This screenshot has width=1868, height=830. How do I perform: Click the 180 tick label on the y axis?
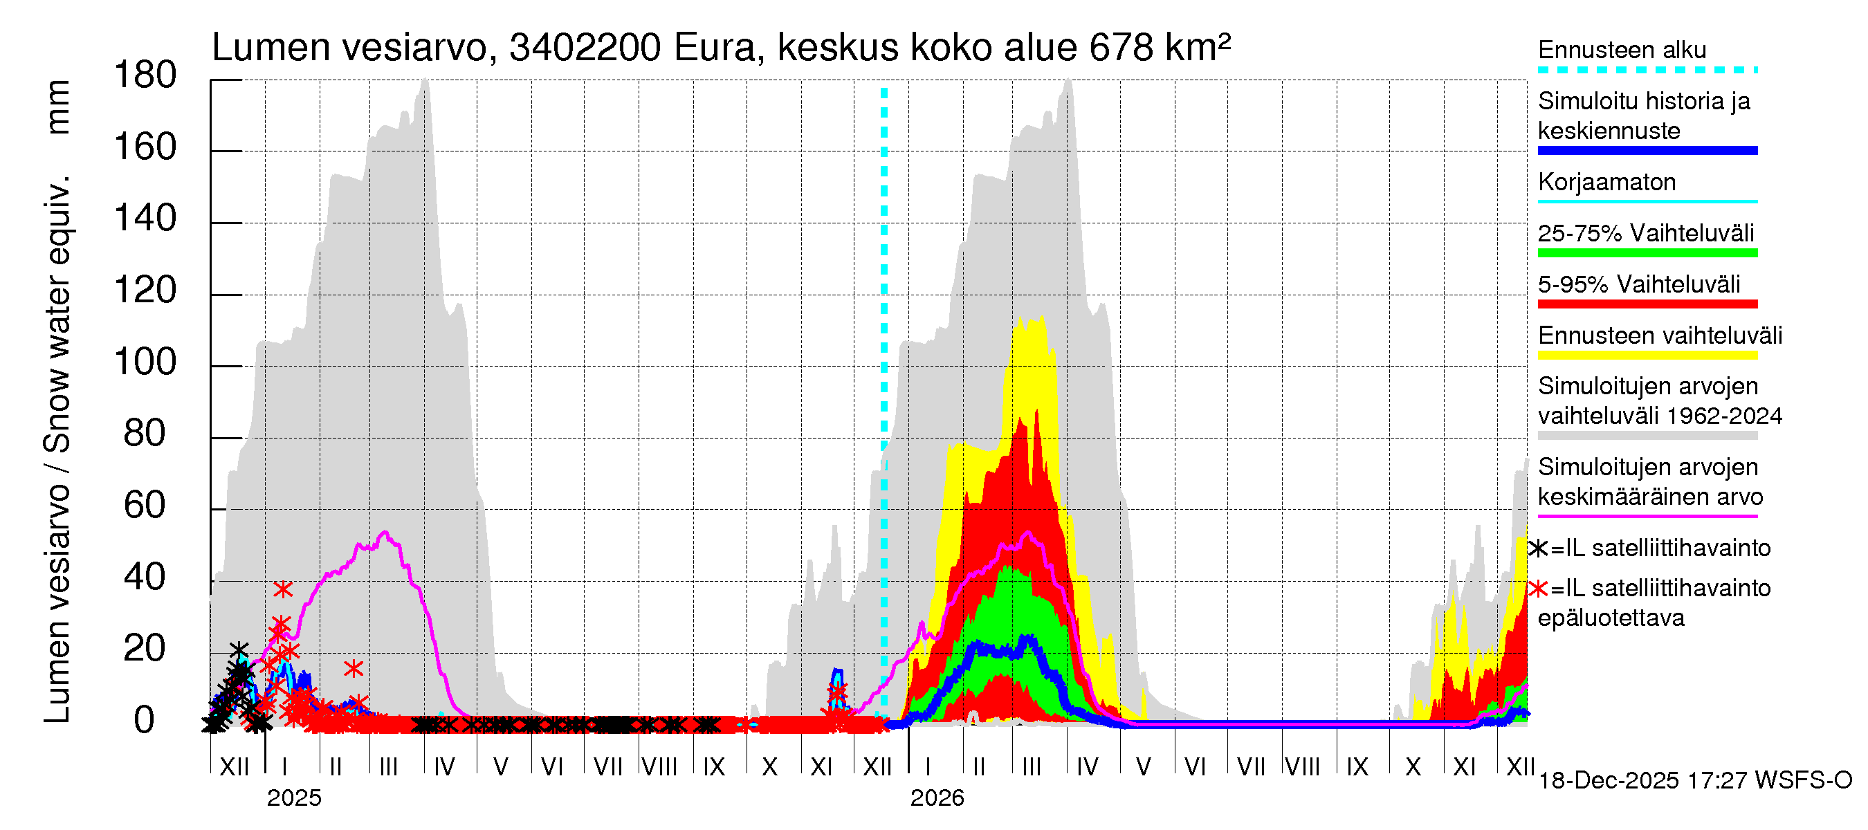(145, 75)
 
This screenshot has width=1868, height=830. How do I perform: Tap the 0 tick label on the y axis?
(145, 720)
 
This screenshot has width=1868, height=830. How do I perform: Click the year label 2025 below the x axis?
(293, 798)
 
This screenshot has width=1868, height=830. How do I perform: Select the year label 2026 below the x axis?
(937, 798)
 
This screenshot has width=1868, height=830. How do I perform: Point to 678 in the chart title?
(1121, 48)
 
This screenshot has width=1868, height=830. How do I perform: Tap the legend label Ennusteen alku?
(1622, 50)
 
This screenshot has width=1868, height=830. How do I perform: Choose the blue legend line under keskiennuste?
(1647, 151)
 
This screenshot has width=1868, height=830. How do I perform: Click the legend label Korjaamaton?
(1606, 182)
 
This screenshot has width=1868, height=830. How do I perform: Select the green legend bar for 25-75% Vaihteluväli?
(1647, 253)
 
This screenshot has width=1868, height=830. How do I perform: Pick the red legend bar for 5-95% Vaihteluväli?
(1647, 304)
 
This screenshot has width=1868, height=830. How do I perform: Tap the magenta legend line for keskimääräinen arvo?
(1647, 516)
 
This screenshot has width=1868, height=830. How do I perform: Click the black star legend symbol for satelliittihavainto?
(1538, 548)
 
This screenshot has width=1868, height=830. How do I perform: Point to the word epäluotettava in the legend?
(1611, 618)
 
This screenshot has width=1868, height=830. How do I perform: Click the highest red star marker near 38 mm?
(283, 589)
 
